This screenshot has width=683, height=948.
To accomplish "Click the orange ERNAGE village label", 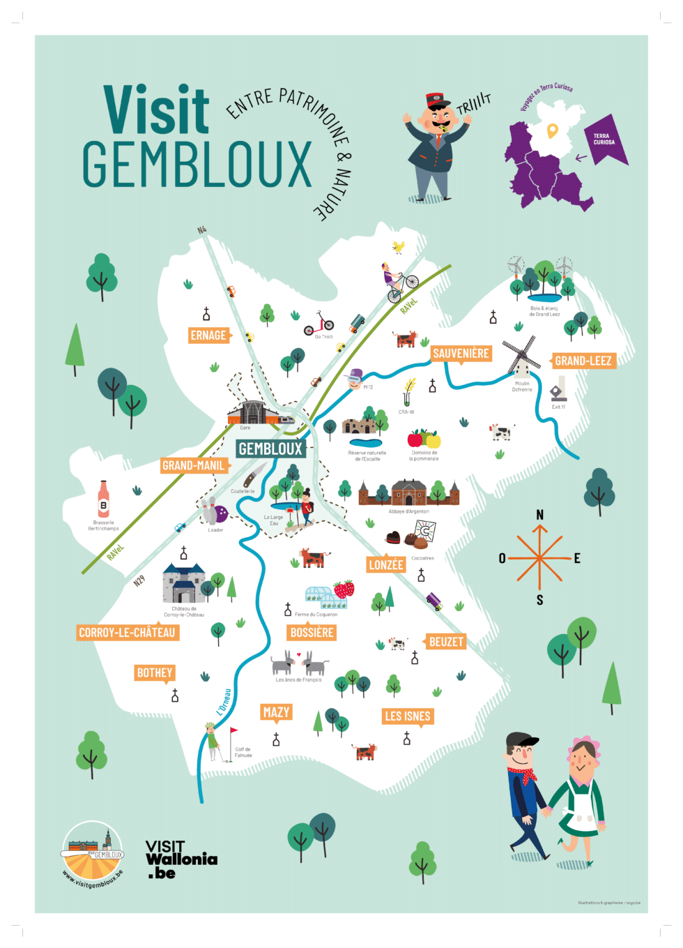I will tap(208, 336).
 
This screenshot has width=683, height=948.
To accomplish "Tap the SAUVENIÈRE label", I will tap(461, 354).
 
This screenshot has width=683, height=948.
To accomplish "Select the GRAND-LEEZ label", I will tap(583, 361).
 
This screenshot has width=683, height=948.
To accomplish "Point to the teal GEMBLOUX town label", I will tap(270, 449).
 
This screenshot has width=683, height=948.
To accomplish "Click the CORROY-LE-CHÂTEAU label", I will tap(127, 633).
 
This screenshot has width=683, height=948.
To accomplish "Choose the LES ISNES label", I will tap(408, 716).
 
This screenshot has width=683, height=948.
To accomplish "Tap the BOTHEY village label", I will tap(154, 672).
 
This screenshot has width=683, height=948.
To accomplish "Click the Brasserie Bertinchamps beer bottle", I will tap(104, 499).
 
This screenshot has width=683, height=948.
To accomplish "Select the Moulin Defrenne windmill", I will tap(521, 357).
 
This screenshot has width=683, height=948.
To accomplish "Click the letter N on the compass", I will tap(539, 515).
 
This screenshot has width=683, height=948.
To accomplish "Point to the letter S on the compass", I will tap(539, 600).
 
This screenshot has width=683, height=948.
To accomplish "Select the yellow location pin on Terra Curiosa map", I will tap(552, 130).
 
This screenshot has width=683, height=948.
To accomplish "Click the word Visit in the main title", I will tap(157, 110).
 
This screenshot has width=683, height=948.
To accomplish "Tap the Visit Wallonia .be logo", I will tap(181, 859).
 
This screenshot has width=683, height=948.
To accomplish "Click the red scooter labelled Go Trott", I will tap(319, 324).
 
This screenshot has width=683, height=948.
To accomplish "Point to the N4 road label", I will tap(202, 230).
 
